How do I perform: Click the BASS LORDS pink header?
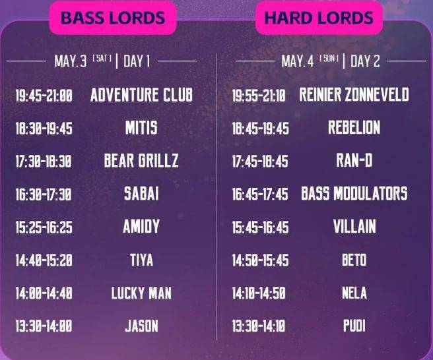[x=113, y=18]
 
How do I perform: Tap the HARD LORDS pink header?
[x=319, y=18]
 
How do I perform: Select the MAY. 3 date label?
[x=71, y=61]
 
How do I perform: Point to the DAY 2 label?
[x=365, y=61]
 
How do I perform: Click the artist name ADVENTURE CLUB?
[x=141, y=95]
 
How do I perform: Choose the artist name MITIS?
[x=141, y=128]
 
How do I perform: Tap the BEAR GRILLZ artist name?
[x=141, y=161]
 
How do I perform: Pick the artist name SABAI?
[x=141, y=193]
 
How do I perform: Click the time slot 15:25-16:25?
[x=44, y=227]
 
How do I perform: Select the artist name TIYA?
[x=141, y=260]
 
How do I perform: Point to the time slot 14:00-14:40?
[x=44, y=293]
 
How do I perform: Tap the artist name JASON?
[x=141, y=326]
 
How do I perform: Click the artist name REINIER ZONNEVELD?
[x=354, y=95]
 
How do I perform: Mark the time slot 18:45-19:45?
[x=261, y=129]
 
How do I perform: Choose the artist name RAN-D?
[x=354, y=160]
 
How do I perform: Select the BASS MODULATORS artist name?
[x=354, y=193]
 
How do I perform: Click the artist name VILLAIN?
[x=354, y=226]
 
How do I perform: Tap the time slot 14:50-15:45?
[x=261, y=260]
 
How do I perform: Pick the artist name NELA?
[x=354, y=293]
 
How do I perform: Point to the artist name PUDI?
[x=354, y=326]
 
